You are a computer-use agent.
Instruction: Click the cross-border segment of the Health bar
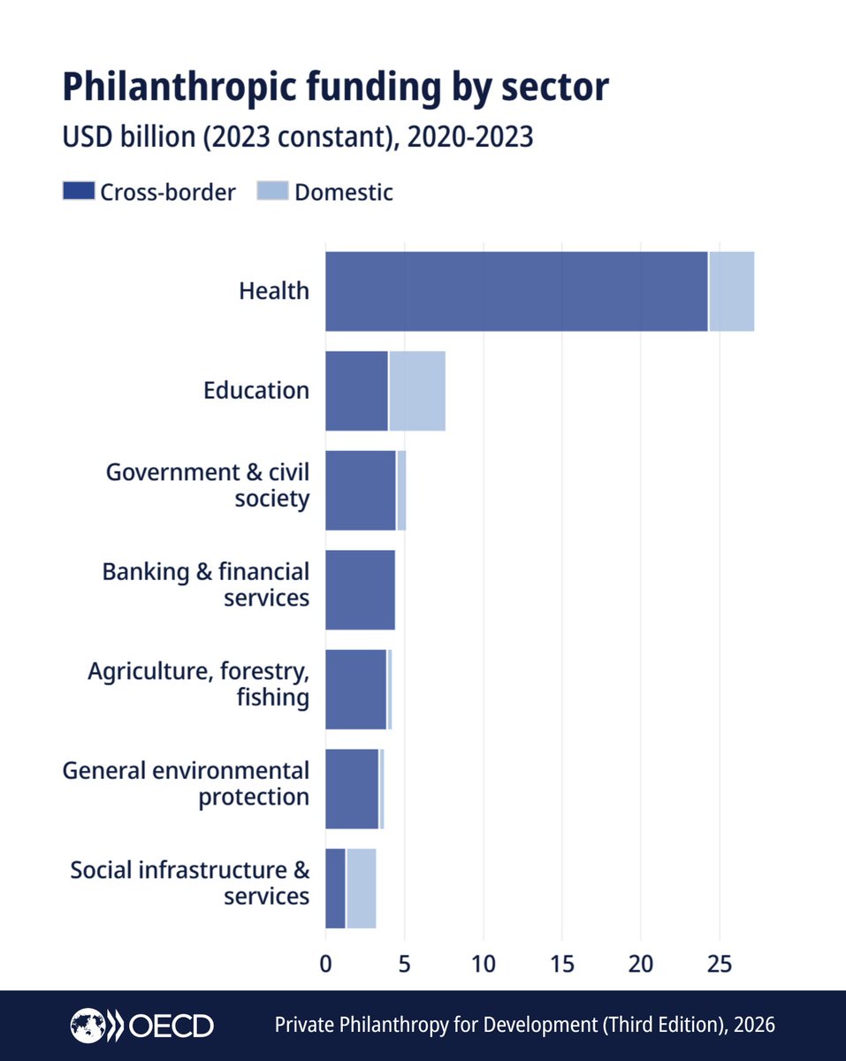point(516,292)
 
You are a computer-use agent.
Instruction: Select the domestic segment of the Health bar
point(732,292)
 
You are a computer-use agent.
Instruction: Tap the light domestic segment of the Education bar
point(417,391)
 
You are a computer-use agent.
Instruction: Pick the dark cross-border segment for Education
point(356,391)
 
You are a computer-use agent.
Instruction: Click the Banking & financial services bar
point(360,590)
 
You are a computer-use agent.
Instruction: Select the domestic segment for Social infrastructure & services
point(362,889)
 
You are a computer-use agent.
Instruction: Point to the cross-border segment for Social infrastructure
point(335,889)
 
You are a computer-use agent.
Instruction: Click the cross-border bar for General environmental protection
point(352,789)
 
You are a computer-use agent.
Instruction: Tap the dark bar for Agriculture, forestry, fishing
point(355,690)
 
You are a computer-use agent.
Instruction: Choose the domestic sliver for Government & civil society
point(401,491)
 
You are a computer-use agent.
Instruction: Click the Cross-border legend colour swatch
point(79,191)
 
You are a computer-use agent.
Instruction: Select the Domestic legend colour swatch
point(272,191)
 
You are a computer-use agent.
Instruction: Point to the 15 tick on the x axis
point(562,964)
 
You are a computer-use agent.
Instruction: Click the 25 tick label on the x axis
point(720,964)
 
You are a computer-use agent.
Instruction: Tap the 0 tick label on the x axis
point(325,964)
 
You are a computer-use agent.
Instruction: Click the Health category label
point(274,291)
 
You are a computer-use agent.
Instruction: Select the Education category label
point(256,391)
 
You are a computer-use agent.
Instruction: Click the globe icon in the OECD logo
point(88,1026)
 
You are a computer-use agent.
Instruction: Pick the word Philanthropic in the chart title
point(180,88)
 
